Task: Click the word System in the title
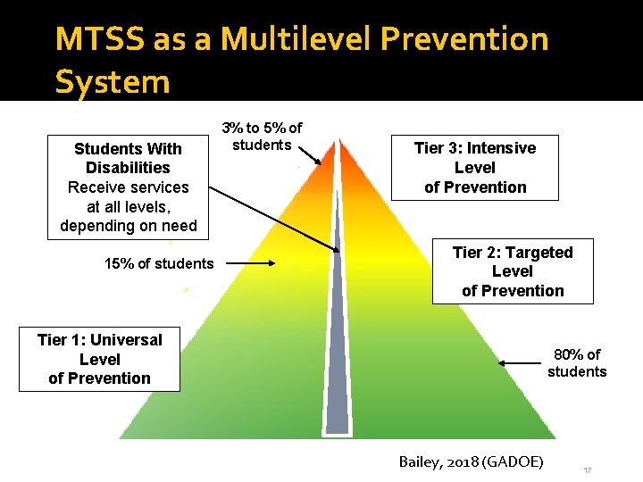click(x=112, y=81)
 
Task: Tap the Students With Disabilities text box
click(x=128, y=187)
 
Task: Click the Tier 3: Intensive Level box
click(x=475, y=167)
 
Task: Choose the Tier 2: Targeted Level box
click(x=513, y=271)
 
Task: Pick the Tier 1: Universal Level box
click(x=99, y=359)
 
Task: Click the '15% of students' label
click(x=159, y=263)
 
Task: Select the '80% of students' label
click(x=577, y=363)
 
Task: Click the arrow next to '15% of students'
click(x=251, y=263)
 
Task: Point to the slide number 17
click(x=587, y=469)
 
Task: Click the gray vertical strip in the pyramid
click(x=337, y=357)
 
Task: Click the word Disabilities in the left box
click(x=128, y=168)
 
